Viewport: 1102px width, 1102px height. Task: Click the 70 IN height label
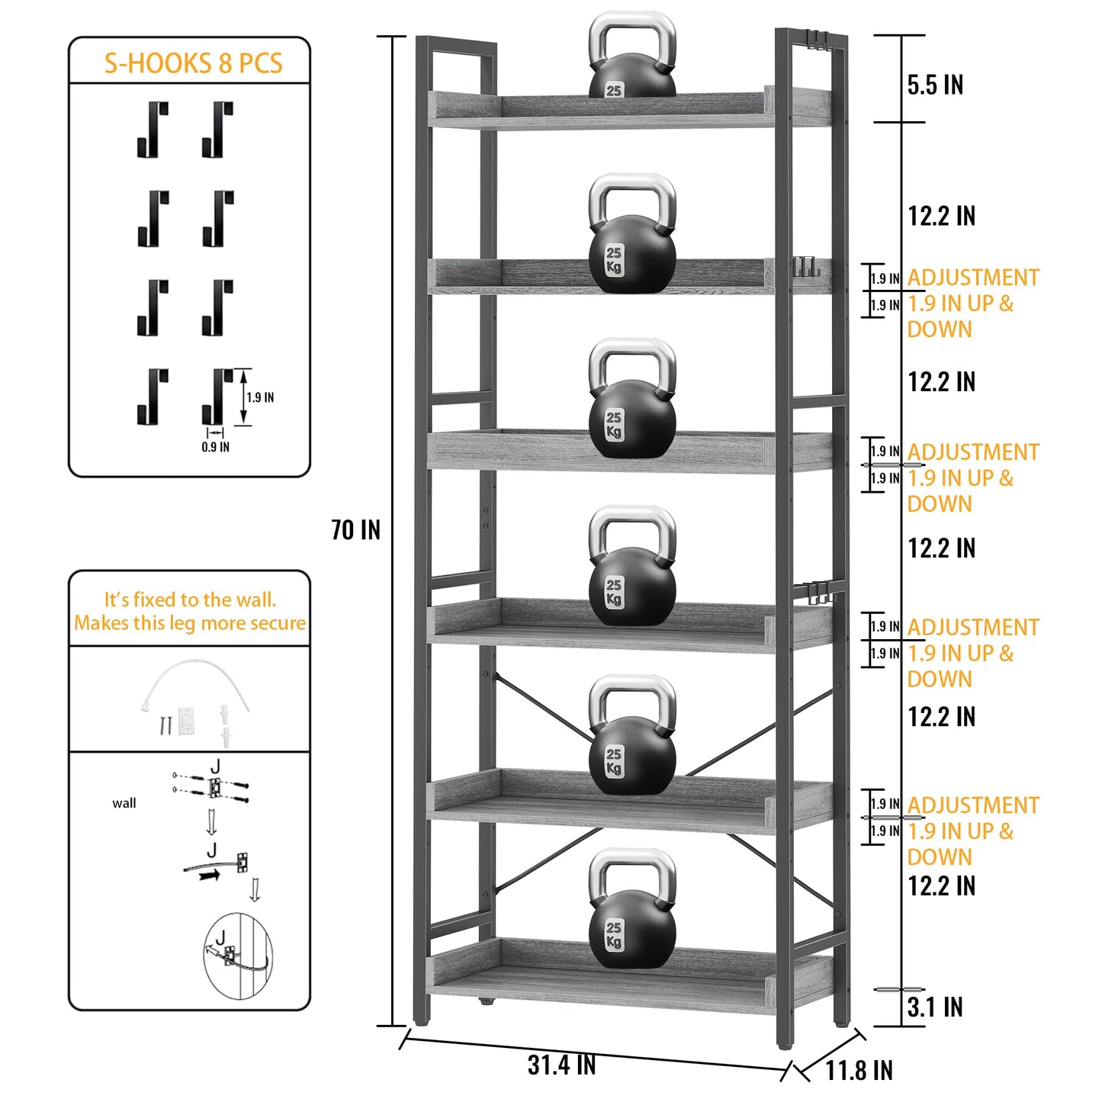[x=355, y=529]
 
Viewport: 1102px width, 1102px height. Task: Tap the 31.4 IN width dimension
[x=561, y=1065]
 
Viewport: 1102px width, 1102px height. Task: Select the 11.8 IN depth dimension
[x=859, y=1070]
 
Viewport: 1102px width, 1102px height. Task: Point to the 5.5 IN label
[x=935, y=85]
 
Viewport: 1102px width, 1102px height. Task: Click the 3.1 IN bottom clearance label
[x=935, y=1007]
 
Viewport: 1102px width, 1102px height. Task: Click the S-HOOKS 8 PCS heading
[x=193, y=63]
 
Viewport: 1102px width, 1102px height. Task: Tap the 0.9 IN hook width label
[x=215, y=447]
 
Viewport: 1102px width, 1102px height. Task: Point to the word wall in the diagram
[x=124, y=803]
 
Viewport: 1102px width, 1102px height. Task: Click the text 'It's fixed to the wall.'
[x=190, y=599]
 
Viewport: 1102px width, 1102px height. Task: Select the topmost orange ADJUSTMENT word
[x=973, y=278]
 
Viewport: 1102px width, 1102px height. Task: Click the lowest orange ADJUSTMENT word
[x=973, y=805]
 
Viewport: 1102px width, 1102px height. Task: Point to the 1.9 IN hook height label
[x=260, y=397]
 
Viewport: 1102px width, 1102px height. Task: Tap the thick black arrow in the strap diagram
[x=209, y=875]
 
